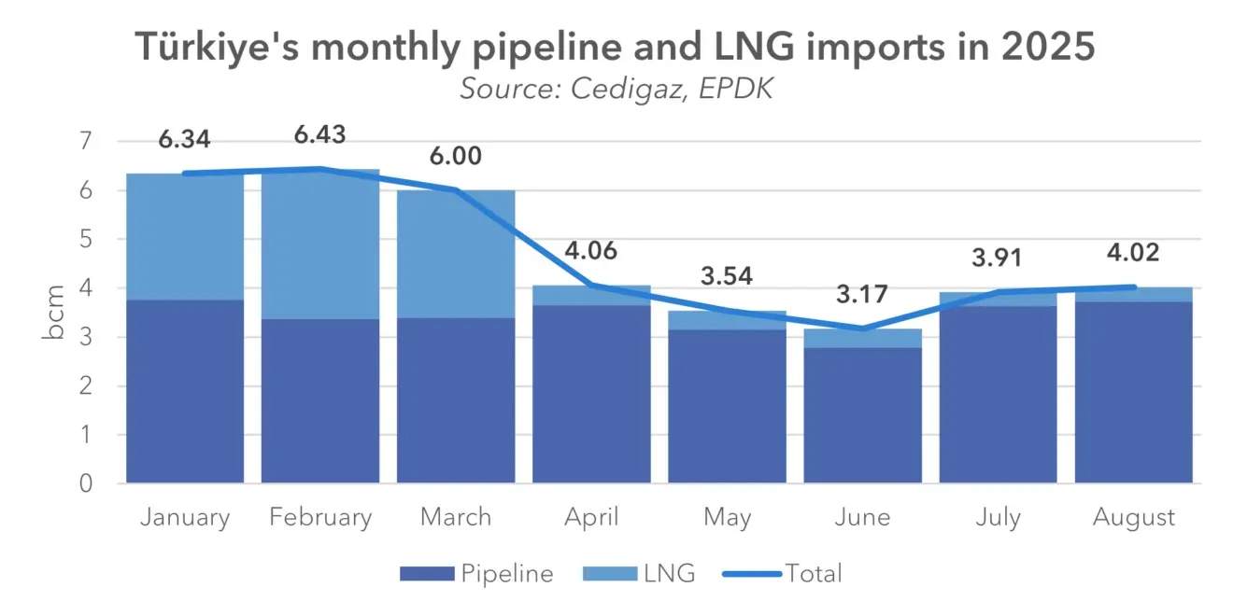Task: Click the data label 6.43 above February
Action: click(319, 134)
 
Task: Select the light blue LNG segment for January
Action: click(185, 236)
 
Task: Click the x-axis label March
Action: click(456, 517)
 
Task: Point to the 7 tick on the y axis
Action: click(86, 142)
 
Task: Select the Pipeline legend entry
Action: click(476, 573)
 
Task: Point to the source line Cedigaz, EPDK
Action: click(616, 90)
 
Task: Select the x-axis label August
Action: click(1133, 517)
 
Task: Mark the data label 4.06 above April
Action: click(591, 251)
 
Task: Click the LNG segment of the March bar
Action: click(456, 253)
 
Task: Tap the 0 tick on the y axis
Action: click(86, 483)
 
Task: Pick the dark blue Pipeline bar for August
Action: click(1133, 392)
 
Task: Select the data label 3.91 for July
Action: click(998, 258)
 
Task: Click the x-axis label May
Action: click(727, 517)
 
